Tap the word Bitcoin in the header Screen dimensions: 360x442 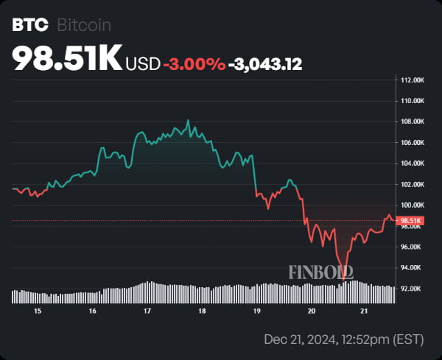[x=84, y=25]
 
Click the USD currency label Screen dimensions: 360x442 [x=142, y=64]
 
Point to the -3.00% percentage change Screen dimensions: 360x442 [x=194, y=64]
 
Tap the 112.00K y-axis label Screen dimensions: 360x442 [x=412, y=80]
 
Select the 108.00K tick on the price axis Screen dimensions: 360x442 [x=412, y=121]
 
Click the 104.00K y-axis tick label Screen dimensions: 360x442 [x=412, y=163]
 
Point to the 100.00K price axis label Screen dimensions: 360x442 [x=412, y=205]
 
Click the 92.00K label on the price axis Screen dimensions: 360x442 [x=412, y=289]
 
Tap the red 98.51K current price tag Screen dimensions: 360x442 [x=410, y=220]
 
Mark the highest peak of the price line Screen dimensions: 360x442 [x=188, y=120]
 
